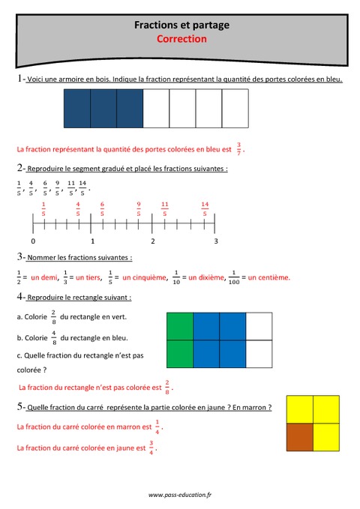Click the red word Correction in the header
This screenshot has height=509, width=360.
coord(181,39)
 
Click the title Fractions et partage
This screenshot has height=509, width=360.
coord(181,25)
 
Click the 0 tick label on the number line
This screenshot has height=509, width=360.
coord(33,241)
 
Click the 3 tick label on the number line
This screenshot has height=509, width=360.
coord(216,241)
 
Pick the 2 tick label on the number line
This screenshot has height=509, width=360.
coord(153,241)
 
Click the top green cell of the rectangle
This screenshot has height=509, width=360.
coord(179,326)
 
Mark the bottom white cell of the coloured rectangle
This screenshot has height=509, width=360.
coord(258,353)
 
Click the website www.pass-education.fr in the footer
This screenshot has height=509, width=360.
coord(180,495)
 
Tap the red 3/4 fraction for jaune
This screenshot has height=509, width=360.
coord(151,448)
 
